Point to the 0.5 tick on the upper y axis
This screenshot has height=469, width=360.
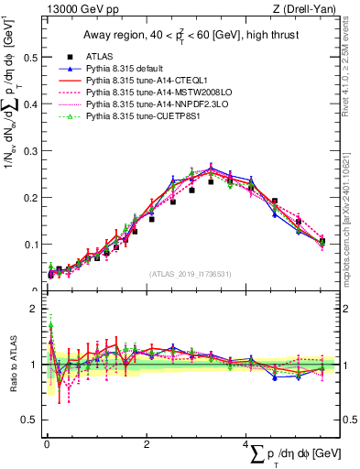[x=29, y=57]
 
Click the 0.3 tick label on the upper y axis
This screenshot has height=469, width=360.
[x=29, y=150]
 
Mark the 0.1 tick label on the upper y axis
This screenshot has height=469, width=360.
[x=29, y=245]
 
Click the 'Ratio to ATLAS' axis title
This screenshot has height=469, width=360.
[x=10, y=366]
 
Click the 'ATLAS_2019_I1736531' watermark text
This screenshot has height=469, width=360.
[x=190, y=274]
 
